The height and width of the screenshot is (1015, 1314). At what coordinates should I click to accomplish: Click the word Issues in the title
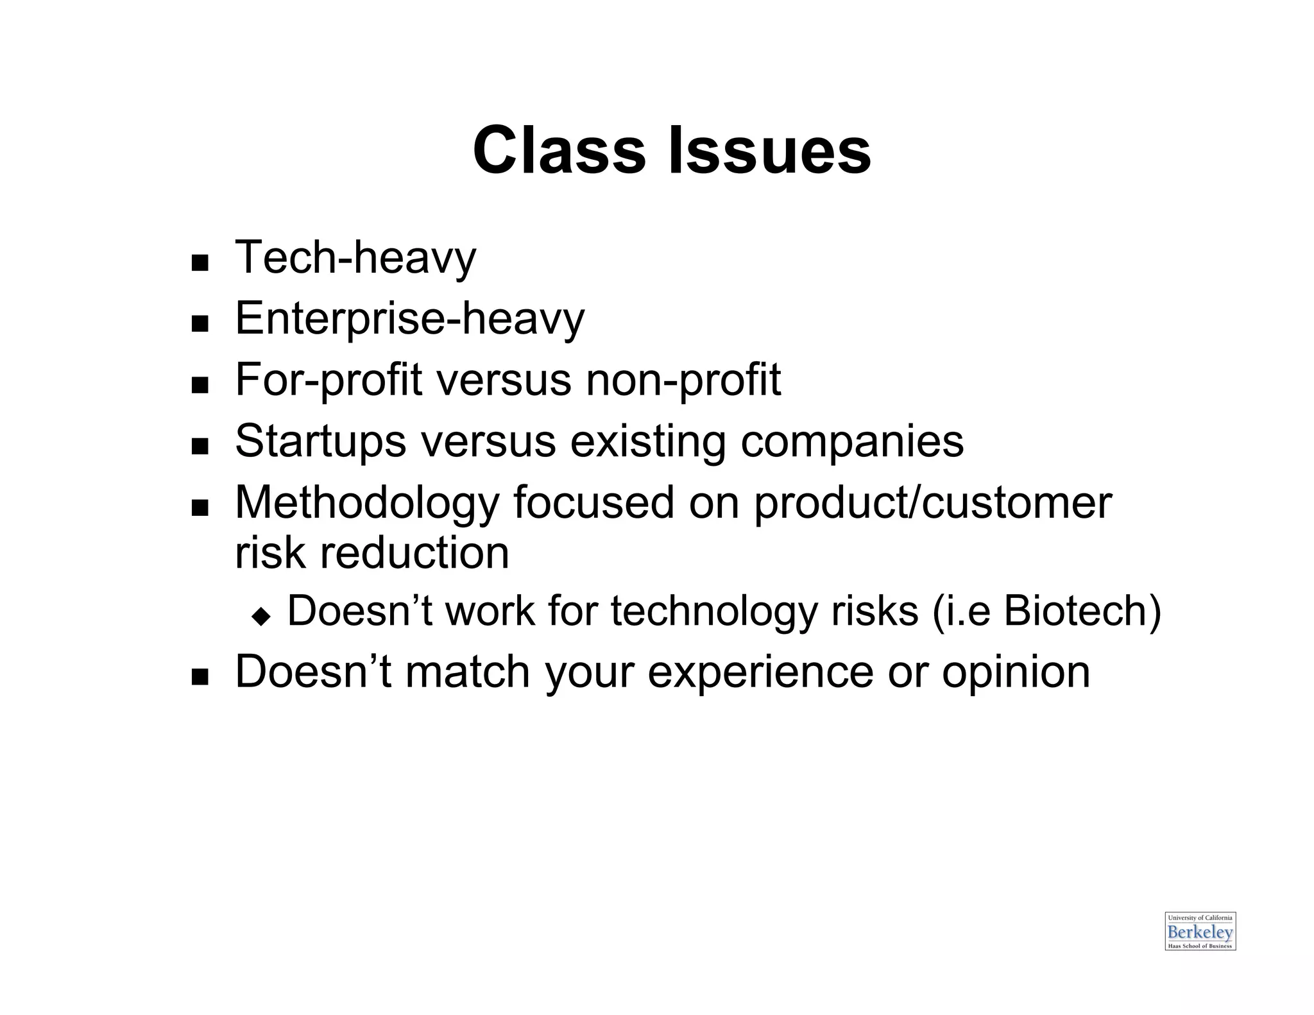pos(769,151)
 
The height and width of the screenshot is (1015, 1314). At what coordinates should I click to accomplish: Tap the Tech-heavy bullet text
pos(355,258)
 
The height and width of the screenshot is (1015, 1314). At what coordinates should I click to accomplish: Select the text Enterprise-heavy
pos(409,319)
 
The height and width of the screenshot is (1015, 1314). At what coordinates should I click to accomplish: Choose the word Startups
pos(320,441)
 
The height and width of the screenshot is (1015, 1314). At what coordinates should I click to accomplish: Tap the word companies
pos(851,441)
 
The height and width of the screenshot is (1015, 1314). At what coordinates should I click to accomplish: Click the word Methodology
pos(367,503)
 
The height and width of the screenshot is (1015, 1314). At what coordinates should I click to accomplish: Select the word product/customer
pos(932,503)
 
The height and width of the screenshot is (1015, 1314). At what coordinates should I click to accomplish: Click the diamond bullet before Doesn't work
pos(261,617)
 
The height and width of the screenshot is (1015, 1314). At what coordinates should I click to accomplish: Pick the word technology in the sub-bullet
pos(713,611)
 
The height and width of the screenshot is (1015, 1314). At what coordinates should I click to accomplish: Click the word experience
pos(760,672)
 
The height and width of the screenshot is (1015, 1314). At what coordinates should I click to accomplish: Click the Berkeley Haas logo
pos(1200,931)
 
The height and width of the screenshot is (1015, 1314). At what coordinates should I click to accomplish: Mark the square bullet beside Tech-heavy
pos(200,263)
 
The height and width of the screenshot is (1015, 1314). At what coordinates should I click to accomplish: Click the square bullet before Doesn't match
pos(200,678)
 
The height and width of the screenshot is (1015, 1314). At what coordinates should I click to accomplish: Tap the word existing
pos(647,441)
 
